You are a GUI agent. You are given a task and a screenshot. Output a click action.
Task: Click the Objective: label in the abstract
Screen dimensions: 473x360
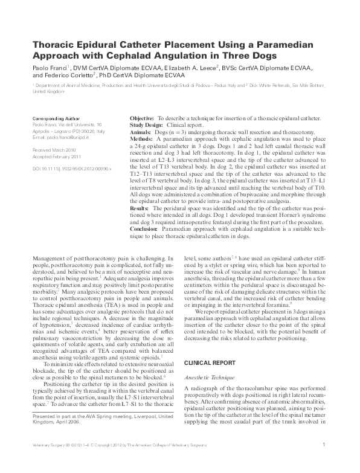pyautogui.click(x=143, y=119)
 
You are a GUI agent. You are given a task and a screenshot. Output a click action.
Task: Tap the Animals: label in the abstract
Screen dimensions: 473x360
pyautogui.click(x=141, y=132)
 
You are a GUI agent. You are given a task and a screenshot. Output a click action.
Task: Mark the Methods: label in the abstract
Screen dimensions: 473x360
pyautogui.click(x=141, y=138)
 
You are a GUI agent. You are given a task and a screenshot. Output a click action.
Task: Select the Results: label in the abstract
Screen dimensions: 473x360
pyautogui.click(x=140, y=208)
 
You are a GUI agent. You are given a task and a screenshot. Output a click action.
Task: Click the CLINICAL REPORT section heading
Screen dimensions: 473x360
pyautogui.click(x=210, y=363)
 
